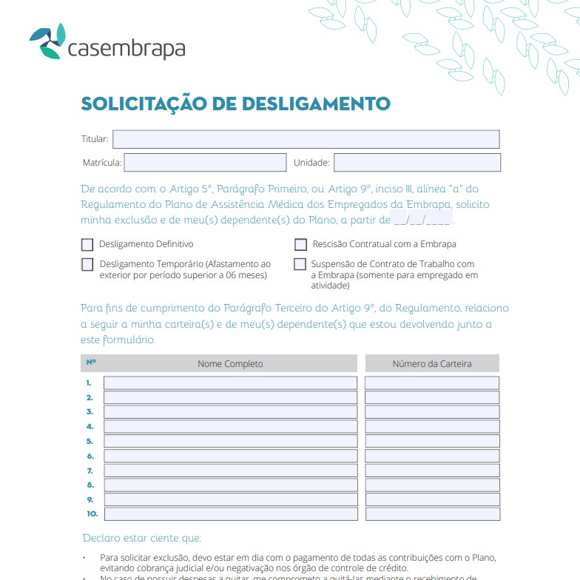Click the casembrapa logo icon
(47, 42)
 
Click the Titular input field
(306, 139)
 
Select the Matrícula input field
(205, 163)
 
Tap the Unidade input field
(417, 163)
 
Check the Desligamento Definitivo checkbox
(87, 245)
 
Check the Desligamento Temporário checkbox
(87, 264)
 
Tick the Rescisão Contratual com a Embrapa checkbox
(300, 245)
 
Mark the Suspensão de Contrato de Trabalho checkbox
(300, 264)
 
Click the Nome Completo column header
(230, 364)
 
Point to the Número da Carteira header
(432, 364)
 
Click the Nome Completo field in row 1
(230, 383)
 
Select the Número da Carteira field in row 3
(432, 412)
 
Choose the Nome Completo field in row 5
(230, 442)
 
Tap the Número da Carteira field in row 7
(432, 471)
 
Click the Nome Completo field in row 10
(230, 514)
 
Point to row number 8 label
(90, 485)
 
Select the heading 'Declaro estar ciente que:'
(141, 538)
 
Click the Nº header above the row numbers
(91, 362)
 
